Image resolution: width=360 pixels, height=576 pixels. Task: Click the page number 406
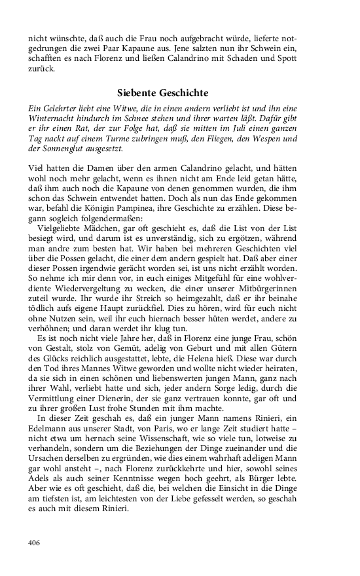[35, 543]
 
